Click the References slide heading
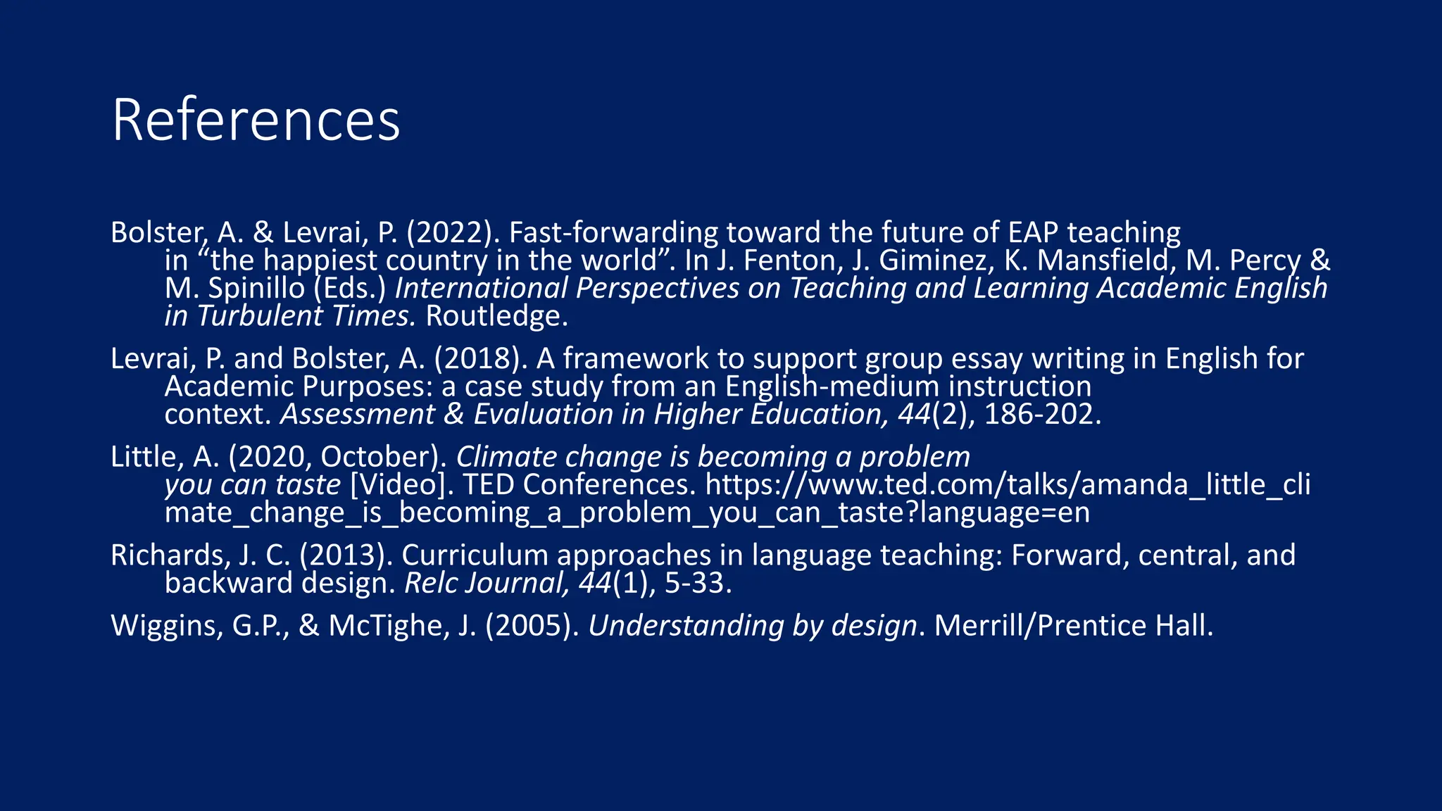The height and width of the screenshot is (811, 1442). [x=256, y=120]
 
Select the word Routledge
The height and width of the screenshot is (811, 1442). [x=496, y=316]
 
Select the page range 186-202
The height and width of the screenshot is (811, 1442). [x=1041, y=415]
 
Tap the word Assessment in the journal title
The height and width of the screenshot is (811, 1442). [x=358, y=415]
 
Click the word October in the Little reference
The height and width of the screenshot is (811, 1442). [x=380, y=458]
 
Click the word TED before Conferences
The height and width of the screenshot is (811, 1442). [x=488, y=485]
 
